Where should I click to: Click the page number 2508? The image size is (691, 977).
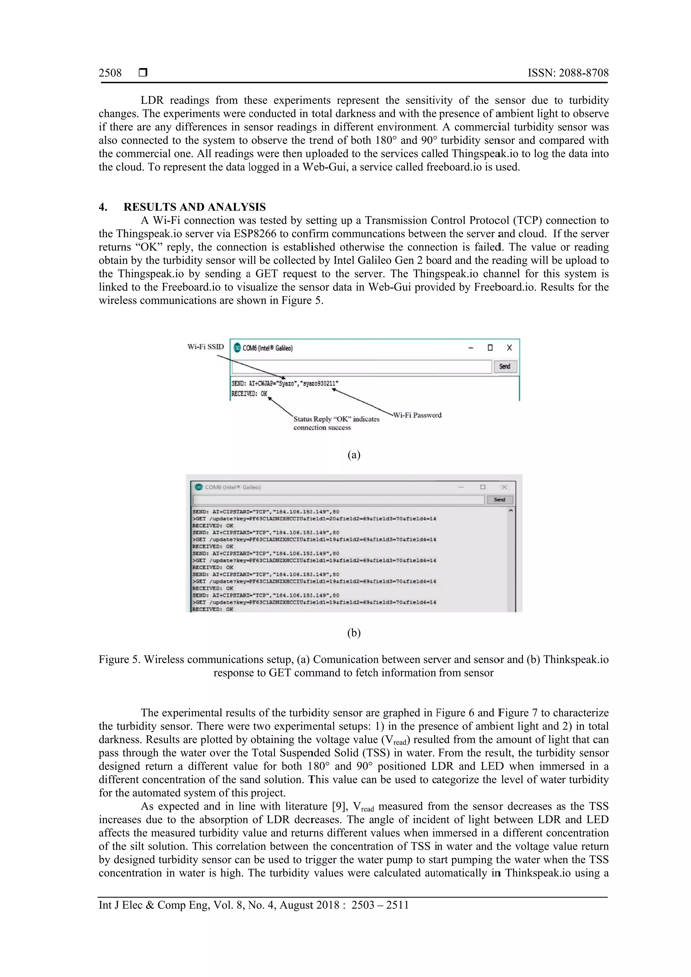pyautogui.click(x=110, y=73)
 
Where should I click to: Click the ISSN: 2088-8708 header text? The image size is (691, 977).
pyautogui.click(x=568, y=73)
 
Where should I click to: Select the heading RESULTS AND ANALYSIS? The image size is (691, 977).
pyautogui.click(x=195, y=207)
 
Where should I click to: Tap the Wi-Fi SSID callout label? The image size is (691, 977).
pyautogui.click(x=205, y=347)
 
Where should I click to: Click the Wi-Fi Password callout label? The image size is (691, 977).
pyautogui.click(x=417, y=415)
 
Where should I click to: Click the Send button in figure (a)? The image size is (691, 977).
pyautogui.click(x=505, y=366)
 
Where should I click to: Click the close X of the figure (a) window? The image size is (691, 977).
pyautogui.click(x=509, y=348)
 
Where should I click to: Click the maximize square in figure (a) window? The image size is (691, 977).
pyautogui.click(x=490, y=348)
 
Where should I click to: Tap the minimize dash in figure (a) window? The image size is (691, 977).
pyautogui.click(x=471, y=348)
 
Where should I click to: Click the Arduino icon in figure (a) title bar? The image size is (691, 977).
pyautogui.click(x=237, y=348)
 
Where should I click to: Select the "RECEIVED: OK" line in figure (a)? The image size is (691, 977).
pyautogui.click(x=249, y=394)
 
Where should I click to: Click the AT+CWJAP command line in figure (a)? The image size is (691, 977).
pyautogui.click(x=285, y=383)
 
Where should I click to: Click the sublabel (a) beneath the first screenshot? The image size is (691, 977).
pyautogui.click(x=354, y=455)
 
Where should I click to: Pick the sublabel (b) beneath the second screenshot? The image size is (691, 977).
pyautogui.click(x=354, y=633)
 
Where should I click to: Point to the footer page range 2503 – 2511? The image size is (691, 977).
pyautogui.click(x=380, y=905)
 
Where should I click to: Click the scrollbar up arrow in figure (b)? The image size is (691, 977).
pyautogui.click(x=510, y=511)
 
